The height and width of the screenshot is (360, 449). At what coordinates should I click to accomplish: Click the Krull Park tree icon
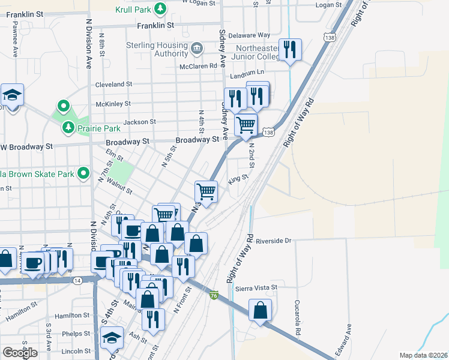(160, 8)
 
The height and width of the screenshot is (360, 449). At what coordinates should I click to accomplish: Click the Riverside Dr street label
(273, 241)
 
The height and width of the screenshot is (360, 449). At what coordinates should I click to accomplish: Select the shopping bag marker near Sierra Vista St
(260, 310)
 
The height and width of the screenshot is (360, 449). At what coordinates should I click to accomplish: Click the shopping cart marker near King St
(206, 191)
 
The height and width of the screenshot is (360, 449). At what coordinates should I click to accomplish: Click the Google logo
(20, 353)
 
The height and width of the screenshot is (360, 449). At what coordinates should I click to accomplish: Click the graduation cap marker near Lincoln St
(112, 338)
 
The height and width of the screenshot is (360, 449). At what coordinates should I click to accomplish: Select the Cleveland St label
(113, 85)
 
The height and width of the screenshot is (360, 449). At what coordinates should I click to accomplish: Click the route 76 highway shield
(214, 295)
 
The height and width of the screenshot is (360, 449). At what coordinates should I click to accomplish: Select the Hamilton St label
(71, 315)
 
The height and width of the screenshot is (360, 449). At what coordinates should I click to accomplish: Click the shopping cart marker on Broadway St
(245, 125)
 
